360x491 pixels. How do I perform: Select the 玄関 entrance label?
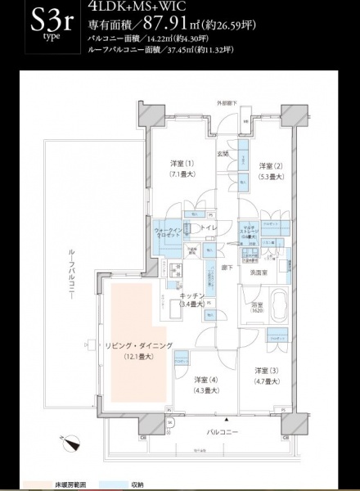pos(222,152)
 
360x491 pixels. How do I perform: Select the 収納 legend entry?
pos(130,483)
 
